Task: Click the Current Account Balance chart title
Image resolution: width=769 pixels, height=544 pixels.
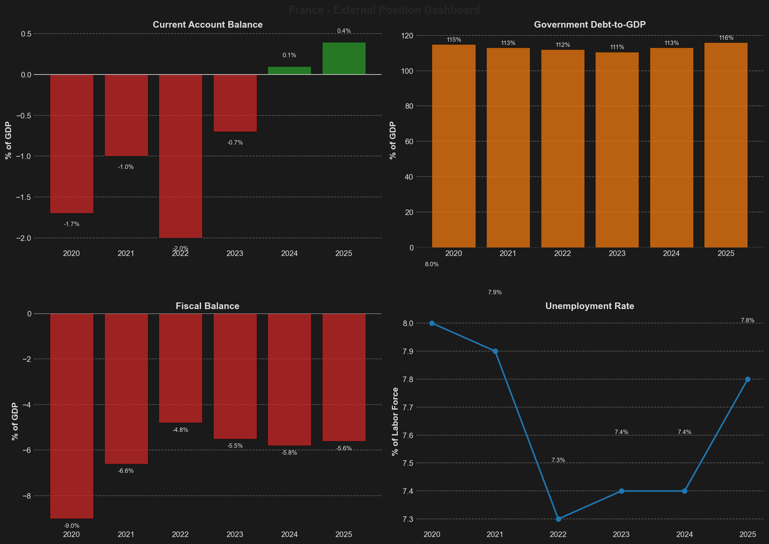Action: point(207,25)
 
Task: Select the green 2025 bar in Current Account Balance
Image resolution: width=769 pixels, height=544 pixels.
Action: point(344,58)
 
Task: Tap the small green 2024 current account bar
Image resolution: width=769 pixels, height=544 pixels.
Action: point(289,70)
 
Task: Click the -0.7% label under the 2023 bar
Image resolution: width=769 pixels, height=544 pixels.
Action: point(235,143)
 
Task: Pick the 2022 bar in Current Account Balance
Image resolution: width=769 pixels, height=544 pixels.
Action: point(180,156)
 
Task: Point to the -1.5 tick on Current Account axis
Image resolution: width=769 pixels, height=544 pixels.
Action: point(24,197)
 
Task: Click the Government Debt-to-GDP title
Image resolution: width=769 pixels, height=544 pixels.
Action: point(590,25)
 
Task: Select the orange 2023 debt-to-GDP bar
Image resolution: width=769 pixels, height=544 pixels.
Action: point(617,149)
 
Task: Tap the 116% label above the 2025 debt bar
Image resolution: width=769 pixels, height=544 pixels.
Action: point(726,38)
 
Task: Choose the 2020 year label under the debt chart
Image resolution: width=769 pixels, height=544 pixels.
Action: point(454,254)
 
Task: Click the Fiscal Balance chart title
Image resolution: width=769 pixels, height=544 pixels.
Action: point(207,306)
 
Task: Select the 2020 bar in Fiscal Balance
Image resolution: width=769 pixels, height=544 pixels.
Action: point(72,416)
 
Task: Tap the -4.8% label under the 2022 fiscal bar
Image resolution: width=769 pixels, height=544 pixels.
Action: point(180,430)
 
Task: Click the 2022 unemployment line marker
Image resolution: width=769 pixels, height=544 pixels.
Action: point(558,519)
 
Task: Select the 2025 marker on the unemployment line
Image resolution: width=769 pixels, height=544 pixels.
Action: point(748,379)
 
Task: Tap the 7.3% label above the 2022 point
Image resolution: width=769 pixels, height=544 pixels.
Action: point(558,460)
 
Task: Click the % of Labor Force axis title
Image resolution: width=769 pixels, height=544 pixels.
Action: point(395,421)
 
